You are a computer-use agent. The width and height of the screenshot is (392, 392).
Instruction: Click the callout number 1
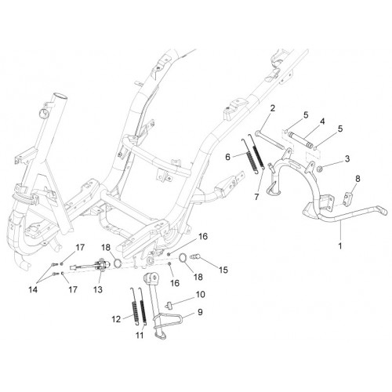[x=340, y=246]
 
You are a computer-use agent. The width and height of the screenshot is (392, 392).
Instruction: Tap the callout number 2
[x=273, y=108]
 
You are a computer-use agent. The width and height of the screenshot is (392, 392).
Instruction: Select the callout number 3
[x=347, y=158]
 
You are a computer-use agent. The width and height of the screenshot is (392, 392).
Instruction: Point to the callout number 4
[x=322, y=122]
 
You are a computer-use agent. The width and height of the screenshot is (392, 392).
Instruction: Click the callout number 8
[x=358, y=179]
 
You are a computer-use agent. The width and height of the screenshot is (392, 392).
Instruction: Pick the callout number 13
[x=98, y=289]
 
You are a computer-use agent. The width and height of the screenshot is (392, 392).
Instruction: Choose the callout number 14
[x=33, y=289]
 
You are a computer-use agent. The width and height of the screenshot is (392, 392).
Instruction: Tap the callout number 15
[x=223, y=270]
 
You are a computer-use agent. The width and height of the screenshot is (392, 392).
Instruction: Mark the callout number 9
[x=200, y=312]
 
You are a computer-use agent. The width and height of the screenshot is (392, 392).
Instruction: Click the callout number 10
[x=200, y=295]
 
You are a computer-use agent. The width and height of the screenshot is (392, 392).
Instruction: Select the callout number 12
[x=116, y=319]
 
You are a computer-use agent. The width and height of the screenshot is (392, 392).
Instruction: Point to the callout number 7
[x=256, y=197]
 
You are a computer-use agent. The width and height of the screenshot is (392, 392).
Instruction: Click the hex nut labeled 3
[x=319, y=169]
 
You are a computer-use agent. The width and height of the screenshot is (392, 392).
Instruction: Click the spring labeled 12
[x=134, y=307]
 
